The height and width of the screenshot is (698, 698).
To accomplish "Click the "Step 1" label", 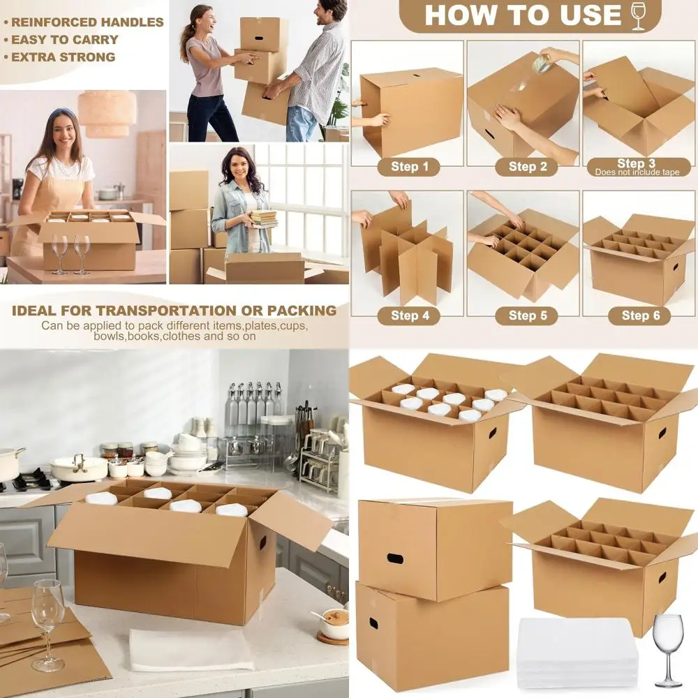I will (405, 167).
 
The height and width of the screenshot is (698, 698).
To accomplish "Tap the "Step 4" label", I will (405, 315).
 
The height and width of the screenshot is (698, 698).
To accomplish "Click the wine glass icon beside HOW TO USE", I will (638, 16).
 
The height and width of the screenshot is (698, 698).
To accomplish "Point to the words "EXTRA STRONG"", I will (64, 57).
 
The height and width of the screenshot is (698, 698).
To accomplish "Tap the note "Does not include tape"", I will (635, 172).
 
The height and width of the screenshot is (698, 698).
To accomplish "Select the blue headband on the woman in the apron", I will (62, 112).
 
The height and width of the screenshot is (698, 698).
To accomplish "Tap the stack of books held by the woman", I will (264, 218).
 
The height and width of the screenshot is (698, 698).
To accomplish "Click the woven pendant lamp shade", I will (107, 112).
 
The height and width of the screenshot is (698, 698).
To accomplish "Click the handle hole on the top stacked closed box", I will (394, 558).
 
